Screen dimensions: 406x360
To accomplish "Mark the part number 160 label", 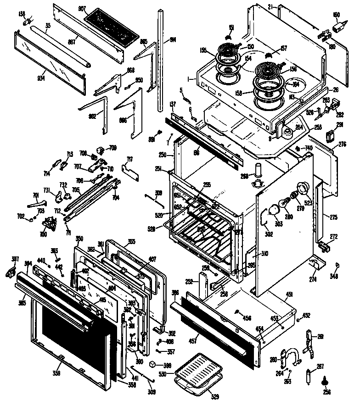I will pos(337,15).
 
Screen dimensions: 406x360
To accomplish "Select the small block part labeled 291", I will pos(329,136).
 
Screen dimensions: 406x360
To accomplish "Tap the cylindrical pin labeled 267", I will pos(309,378).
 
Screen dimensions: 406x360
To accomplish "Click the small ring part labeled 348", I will pos(337,265).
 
